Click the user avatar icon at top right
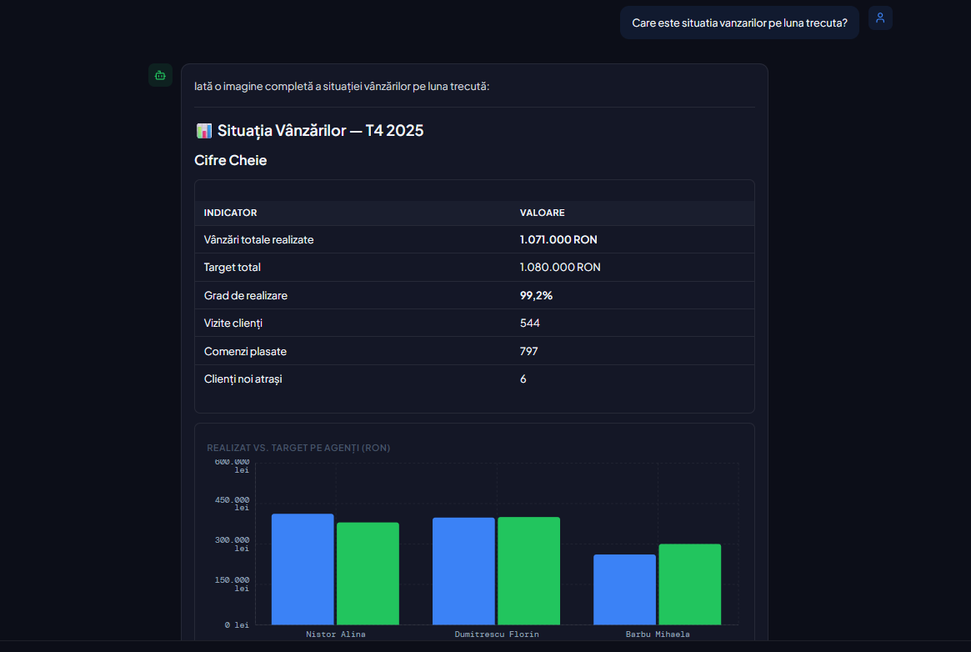880,18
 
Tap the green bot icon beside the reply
160,75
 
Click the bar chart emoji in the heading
203,131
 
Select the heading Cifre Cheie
231,160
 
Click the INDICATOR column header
230,213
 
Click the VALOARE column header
542,213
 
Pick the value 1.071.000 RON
558,239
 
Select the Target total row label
233,268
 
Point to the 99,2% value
536,295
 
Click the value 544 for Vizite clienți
530,323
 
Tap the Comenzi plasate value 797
529,351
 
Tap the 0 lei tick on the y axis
237,624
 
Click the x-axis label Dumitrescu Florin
497,634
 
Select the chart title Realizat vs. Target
298,448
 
